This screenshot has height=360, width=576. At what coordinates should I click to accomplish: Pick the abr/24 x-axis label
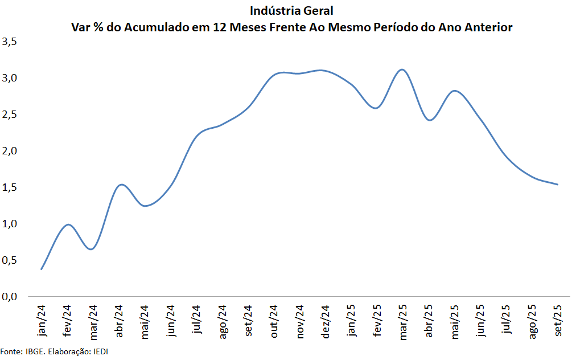(x=119, y=320)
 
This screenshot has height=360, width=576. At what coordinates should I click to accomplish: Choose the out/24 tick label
(x=274, y=321)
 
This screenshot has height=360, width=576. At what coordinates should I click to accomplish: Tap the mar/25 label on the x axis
(x=403, y=321)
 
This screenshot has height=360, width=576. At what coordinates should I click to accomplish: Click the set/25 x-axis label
(x=558, y=320)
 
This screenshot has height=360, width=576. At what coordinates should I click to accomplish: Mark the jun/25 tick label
(x=481, y=321)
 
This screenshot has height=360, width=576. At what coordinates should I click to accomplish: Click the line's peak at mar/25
(x=402, y=69)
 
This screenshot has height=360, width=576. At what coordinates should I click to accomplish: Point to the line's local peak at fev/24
(x=68, y=224)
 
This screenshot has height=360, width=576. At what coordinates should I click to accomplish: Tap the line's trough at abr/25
(x=429, y=120)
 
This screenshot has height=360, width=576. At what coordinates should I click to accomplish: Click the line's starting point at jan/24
(x=42, y=269)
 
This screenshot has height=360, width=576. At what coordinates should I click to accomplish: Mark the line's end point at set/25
(x=558, y=185)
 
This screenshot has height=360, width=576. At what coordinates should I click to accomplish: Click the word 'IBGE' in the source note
(x=34, y=351)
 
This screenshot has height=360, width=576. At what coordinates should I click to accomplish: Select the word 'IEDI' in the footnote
(x=99, y=351)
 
